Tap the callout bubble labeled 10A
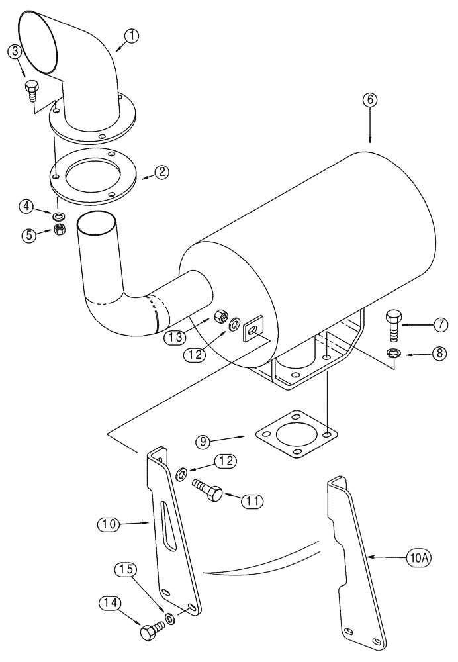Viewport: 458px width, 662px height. [418, 558]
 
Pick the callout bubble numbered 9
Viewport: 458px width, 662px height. [204, 440]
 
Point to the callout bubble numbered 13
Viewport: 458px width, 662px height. [175, 336]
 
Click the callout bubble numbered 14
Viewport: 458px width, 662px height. [111, 602]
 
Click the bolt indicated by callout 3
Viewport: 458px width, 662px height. [31, 90]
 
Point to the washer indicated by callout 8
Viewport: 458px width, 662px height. [392, 354]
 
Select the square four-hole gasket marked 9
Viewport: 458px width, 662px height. [296, 438]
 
